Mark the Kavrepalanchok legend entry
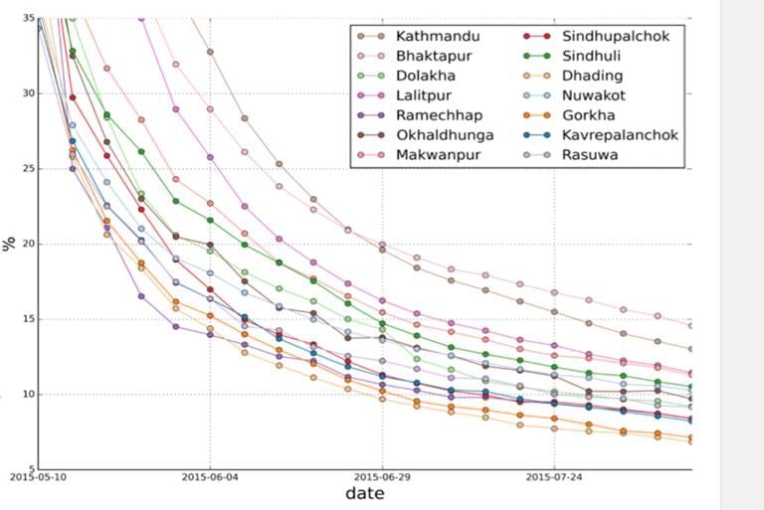click(617, 135)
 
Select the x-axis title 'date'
click(364, 494)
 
